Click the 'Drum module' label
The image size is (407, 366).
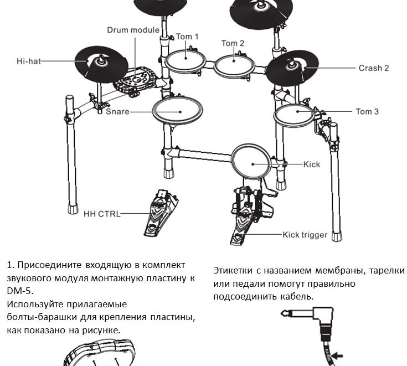coord(133,29)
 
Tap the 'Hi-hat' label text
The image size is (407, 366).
coord(29,61)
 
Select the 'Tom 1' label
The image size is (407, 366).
coord(187,37)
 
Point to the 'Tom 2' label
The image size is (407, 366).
coord(233,43)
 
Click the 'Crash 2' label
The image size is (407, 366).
coord(373,68)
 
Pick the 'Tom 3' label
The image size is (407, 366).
coord(367,111)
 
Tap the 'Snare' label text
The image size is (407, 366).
coord(117,111)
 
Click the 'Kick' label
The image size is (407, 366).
coord(311,164)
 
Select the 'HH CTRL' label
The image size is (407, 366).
coord(102,214)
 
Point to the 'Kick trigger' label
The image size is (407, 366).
coord(305,235)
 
